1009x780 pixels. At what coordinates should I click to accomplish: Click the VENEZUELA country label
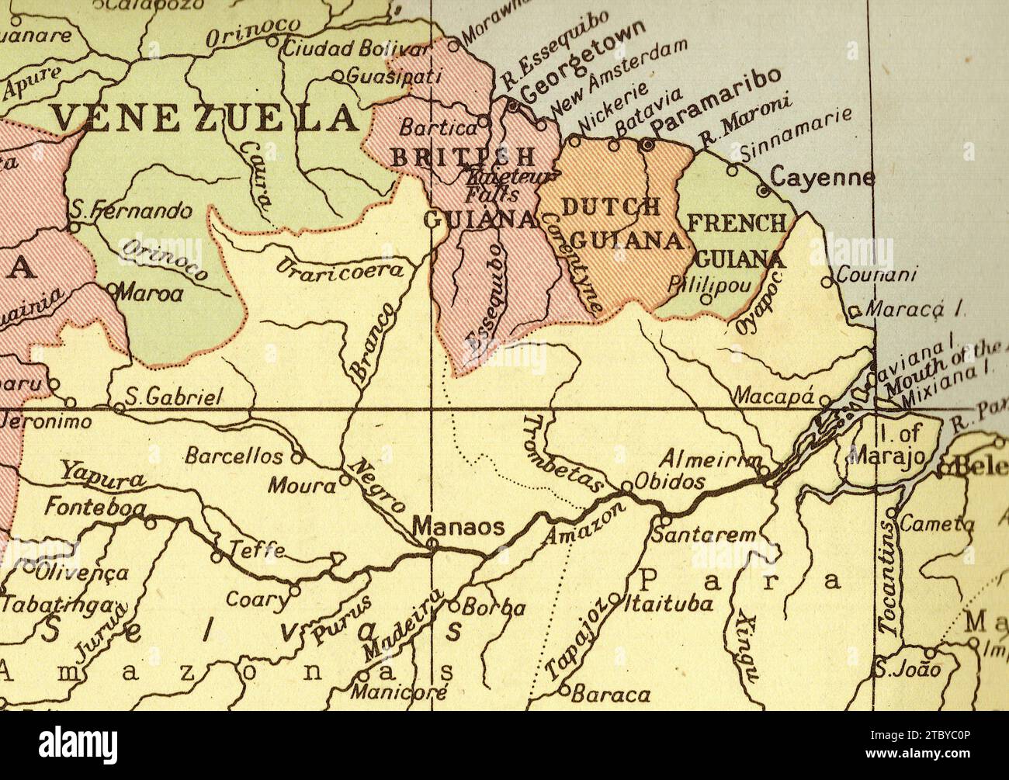(x=206, y=118)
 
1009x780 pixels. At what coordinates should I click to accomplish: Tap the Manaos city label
(x=458, y=527)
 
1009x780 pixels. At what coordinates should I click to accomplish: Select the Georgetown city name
(x=582, y=62)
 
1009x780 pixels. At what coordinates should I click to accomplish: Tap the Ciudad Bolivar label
(x=355, y=48)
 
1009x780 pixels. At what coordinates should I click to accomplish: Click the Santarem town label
(x=703, y=535)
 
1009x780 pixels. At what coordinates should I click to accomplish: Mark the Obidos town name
(x=670, y=482)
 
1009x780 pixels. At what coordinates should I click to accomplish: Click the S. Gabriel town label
(x=174, y=397)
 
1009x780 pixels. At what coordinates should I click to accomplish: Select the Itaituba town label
(x=668, y=603)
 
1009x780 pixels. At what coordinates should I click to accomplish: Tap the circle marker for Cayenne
(x=762, y=190)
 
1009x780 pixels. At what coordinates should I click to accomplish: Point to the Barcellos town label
(x=234, y=456)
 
